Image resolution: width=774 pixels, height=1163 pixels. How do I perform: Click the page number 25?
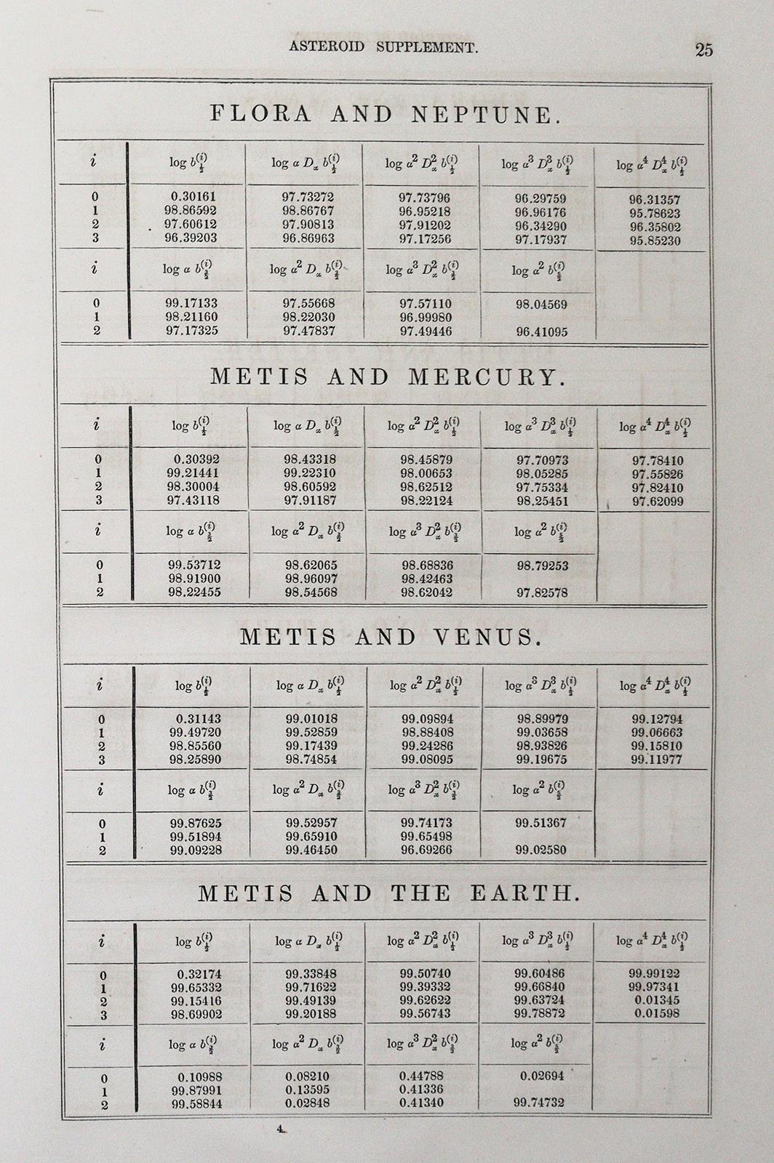[x=703, y=49]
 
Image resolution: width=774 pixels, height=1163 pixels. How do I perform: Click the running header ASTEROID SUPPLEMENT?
[x=383, y=48]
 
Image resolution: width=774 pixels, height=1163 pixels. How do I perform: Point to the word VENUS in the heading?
[x=488, y=637]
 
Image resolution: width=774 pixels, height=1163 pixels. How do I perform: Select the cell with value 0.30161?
[x=193, y=196]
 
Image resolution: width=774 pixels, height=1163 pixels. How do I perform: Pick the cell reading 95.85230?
[x=655, y=241]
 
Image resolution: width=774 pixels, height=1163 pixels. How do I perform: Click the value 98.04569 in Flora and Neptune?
[x=541, y=305]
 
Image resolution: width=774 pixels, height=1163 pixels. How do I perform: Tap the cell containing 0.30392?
[x=196, y=459]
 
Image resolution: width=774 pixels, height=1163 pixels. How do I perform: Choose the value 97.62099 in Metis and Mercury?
[x=658, y=501]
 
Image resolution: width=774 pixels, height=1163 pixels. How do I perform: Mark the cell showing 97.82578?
[x=542, y=593]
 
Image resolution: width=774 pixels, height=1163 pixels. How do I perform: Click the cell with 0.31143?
[x=198, y=719]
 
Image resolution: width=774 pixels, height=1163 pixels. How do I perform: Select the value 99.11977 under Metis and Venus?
[x=657, y=760]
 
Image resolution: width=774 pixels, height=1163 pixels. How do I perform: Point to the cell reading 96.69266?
[x=427, y=850]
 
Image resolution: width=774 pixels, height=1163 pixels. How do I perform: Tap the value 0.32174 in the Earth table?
[x=199, y=974]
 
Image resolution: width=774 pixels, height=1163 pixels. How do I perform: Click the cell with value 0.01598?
[x=657, y=1013]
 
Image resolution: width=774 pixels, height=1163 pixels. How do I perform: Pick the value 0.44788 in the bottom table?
[x=421, y=1076]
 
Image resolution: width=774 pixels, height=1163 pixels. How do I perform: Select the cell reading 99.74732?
[x=539, y=1103]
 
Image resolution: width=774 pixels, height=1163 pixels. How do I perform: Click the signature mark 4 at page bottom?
[x=279, y=1130]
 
